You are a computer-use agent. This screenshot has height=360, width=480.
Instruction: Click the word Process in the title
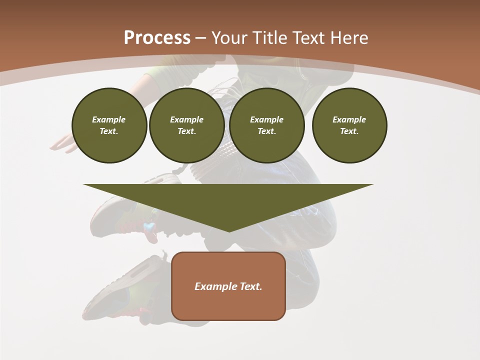[157, 37]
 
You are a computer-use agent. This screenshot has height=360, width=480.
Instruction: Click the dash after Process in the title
[200, 38]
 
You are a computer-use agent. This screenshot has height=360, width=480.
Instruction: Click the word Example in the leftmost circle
[109, 119]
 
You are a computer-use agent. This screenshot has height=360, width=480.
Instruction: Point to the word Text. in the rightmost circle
[349, 131]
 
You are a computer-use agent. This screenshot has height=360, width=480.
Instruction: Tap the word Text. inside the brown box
[251, 286]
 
